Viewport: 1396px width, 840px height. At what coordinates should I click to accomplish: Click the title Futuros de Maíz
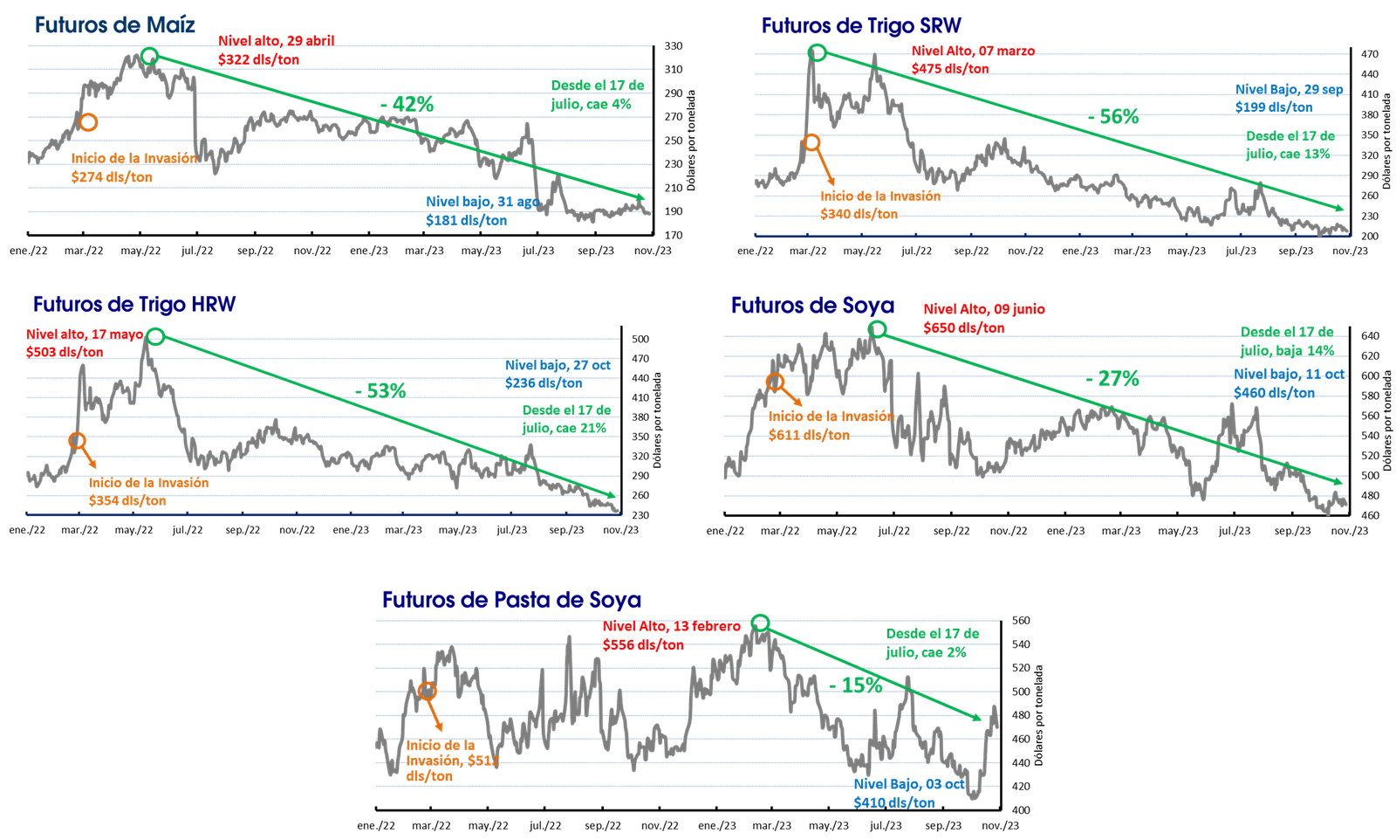(114, 25)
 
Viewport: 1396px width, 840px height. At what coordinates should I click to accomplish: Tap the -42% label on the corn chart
(407, 104)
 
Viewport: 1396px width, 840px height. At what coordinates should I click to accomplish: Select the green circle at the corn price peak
(149, 56)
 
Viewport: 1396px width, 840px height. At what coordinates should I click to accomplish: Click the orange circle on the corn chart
(88, 122)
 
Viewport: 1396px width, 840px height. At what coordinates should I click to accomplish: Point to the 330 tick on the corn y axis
(674, 46)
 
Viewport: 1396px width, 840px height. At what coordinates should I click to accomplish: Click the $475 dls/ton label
(950, 69)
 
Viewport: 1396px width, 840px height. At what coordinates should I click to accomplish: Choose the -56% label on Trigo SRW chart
(1113, 117)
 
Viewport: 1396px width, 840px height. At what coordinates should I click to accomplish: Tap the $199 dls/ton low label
(1274, 107)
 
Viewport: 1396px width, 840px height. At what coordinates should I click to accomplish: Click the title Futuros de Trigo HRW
(134, 305)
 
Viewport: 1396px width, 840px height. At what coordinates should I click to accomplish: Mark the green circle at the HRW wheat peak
(156, 337)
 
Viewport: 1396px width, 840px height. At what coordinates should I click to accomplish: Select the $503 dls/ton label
(65, 353)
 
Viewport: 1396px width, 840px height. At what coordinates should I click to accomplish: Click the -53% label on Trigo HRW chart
(380, 391)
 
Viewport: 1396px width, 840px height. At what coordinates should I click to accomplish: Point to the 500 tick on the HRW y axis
(640, 340)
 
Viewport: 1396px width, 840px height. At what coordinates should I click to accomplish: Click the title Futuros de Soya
(812, 306)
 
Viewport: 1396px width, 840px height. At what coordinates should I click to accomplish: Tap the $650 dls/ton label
(964, 328)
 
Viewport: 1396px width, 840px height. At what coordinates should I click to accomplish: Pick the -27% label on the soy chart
(1112, 379)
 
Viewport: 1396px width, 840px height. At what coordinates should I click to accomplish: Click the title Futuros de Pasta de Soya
(511, 600)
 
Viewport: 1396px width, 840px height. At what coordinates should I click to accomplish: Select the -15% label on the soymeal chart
(856, 685)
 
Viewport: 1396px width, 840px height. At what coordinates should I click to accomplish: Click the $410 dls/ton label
(894, 802)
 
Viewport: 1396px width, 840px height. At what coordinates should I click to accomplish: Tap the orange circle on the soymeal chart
(428, 691)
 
